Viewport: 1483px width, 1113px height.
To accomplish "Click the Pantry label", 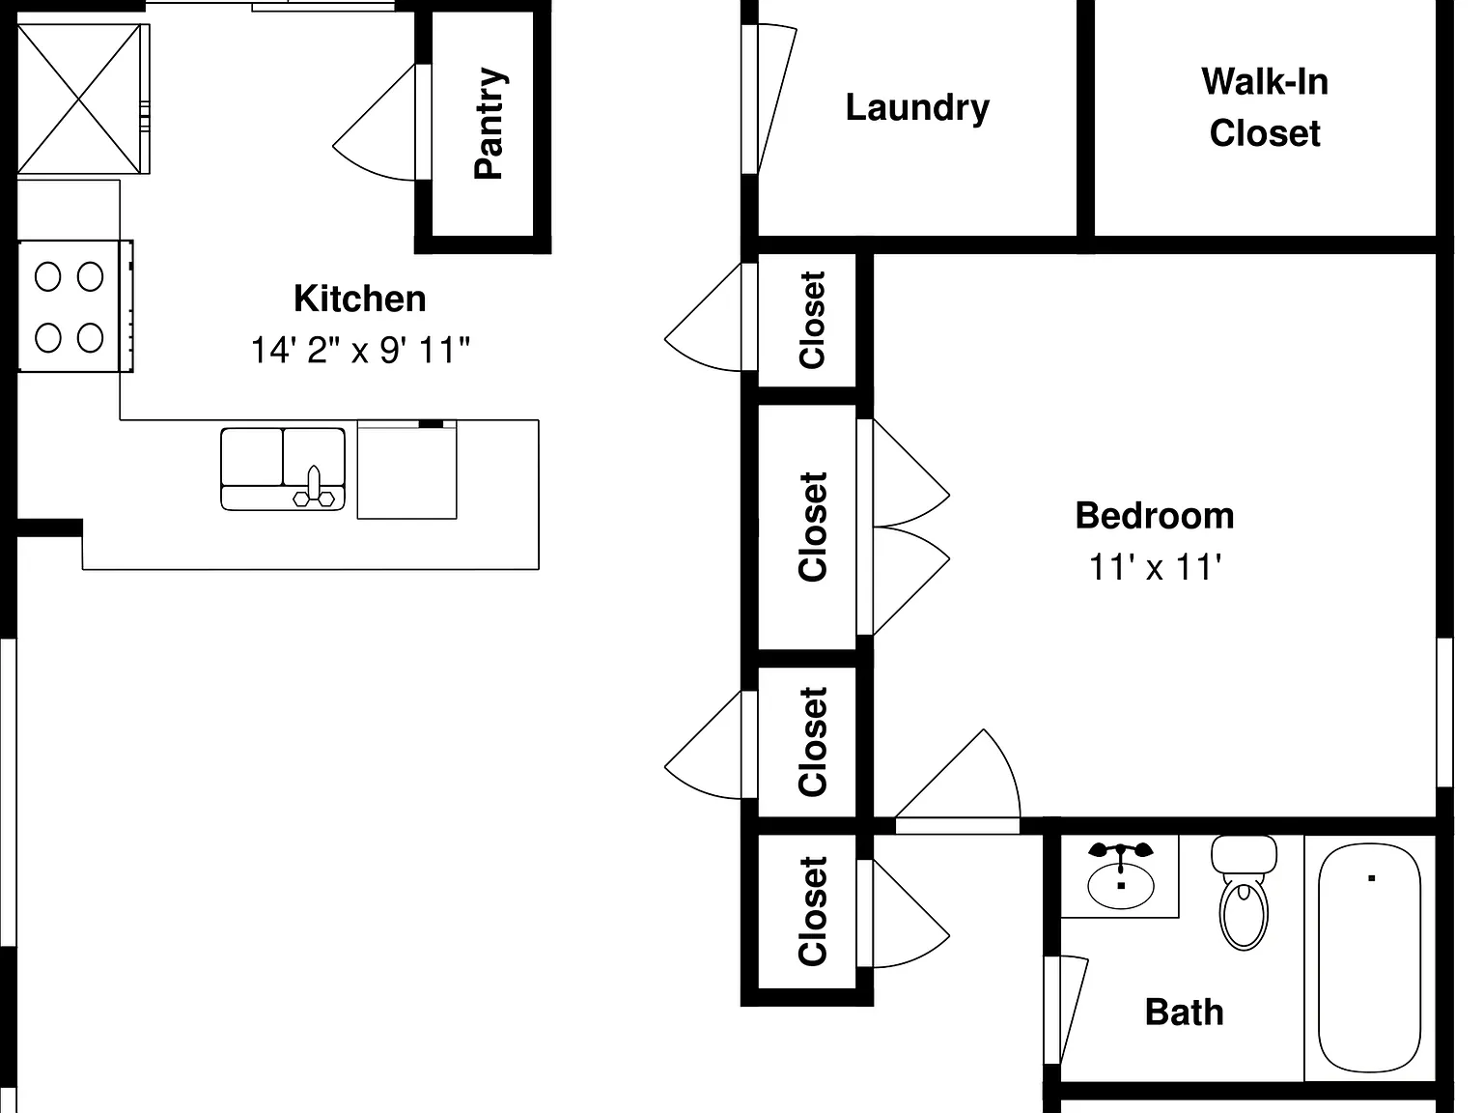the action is tap(490, 123).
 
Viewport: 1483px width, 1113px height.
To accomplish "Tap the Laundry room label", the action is tap(917, 108).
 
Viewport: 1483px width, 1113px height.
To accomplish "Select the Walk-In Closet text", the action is tap(1265, 107).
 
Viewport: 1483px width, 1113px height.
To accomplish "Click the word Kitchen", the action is tap(359, 298).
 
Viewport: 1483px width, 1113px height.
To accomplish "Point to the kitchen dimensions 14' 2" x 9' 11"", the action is tap(360, 350).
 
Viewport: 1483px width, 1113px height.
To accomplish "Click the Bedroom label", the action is tap(1155, 516).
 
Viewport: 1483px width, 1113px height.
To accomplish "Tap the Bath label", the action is tap(1185, 1013).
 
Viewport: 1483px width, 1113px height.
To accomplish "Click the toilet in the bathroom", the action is tap(1244, 892).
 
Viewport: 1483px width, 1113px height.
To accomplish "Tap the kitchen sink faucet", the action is tap(314, 488).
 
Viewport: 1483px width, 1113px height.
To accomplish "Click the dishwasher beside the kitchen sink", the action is tap(406, 470).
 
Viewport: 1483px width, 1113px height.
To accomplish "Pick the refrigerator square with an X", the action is tap(80, 100).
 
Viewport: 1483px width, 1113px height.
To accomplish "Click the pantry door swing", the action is tap(374, 123).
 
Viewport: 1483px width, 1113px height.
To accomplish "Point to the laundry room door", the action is tap(769, 100).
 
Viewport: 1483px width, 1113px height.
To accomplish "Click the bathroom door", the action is tap(1066, 1011).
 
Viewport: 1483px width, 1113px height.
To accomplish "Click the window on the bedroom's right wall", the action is tap(1444, 712).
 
